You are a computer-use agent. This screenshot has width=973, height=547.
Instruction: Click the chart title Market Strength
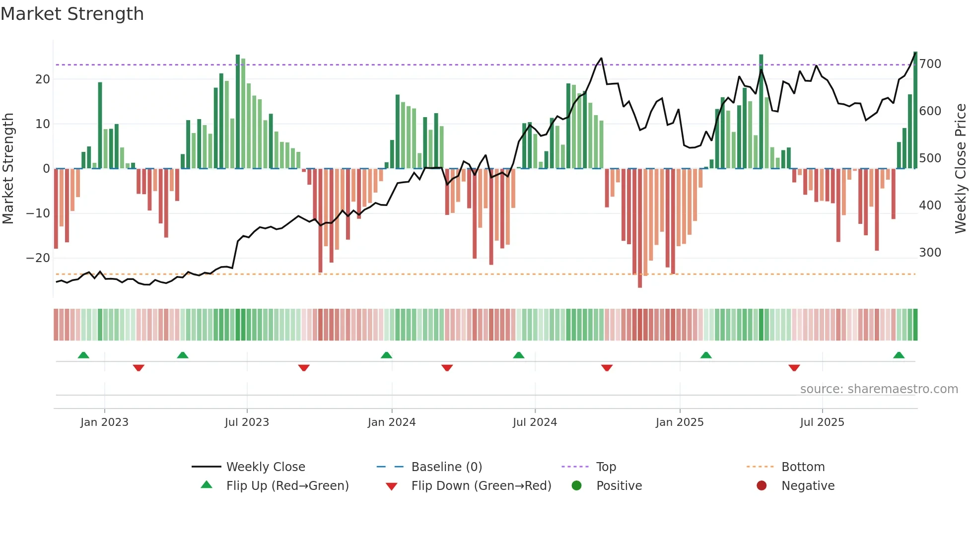72,14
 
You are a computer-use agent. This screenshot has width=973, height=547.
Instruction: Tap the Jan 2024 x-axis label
391,422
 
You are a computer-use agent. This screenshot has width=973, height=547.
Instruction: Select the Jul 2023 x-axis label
247,422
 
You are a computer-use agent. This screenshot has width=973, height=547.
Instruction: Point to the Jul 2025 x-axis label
822,422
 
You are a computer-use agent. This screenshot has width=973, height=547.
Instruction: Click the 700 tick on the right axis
930,64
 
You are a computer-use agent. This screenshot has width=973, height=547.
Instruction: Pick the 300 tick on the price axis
930,253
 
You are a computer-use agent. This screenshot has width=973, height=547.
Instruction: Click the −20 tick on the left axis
38,258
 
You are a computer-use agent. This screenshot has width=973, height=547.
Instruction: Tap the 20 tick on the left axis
42,79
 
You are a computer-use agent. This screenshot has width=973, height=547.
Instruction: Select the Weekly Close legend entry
265,467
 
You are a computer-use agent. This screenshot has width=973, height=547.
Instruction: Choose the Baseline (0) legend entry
446,467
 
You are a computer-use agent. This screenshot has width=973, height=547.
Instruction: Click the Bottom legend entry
803,467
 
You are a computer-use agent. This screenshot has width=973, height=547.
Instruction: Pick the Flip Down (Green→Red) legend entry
481,486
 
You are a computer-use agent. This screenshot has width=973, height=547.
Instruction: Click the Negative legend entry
807,486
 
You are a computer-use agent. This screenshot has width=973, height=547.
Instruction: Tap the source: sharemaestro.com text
879,389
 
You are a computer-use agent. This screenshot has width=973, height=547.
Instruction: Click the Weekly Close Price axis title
961,169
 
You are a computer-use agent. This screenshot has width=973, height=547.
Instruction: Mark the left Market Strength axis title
8,169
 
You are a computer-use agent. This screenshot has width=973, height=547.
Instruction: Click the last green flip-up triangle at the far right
899,355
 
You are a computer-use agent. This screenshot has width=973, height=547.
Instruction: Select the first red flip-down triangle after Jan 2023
139,368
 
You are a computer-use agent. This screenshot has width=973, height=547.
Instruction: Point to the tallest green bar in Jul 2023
238,112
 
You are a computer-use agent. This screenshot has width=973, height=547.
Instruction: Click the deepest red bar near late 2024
640,228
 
